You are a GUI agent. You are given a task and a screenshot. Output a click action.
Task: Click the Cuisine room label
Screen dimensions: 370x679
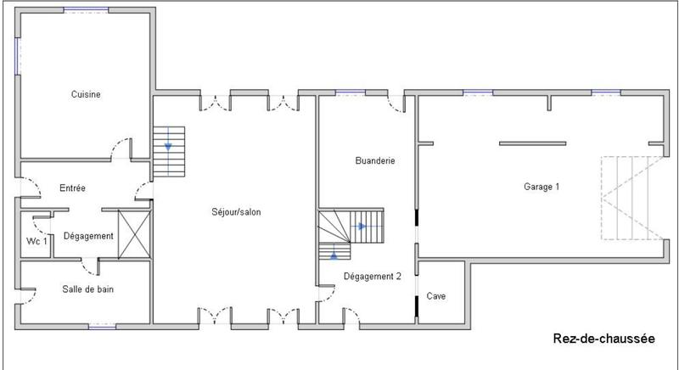pyautogui.click(x=86, y=95)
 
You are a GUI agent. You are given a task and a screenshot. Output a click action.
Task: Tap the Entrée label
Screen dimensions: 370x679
pyautogui.click(x=72, y=188)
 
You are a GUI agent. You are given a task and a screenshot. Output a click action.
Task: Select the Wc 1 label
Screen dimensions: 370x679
pyautogui.click(x=36, y=241)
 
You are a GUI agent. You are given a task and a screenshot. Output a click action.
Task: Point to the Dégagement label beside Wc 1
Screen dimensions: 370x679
pyautogui.click(x=88, y=236)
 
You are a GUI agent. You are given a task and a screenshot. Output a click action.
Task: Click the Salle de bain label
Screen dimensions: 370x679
pyautogui.click(x=88, y=289)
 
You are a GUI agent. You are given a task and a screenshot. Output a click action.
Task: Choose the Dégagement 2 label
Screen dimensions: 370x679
pyautogui.click(x=372, y=276)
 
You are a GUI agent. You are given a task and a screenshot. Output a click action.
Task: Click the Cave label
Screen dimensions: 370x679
pyautogui.click(x=437, y=296)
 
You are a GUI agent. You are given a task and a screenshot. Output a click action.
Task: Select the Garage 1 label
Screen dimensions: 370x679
pyautogui.click(x=542, y=186)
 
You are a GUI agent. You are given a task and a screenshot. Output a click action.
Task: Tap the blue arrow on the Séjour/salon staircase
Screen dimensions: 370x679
pyautogui.click(x=168, y=146)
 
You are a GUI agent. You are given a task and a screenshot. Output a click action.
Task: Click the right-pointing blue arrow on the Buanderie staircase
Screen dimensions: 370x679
pyautogui.click(x=362, y=227)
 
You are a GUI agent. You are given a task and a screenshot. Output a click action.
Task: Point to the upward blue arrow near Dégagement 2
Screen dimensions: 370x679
pyautogui.click(x=334, y=254)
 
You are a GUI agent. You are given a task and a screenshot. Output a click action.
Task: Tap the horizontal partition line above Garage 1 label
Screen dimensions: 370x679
pyautogui.click(x=531, y=143)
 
